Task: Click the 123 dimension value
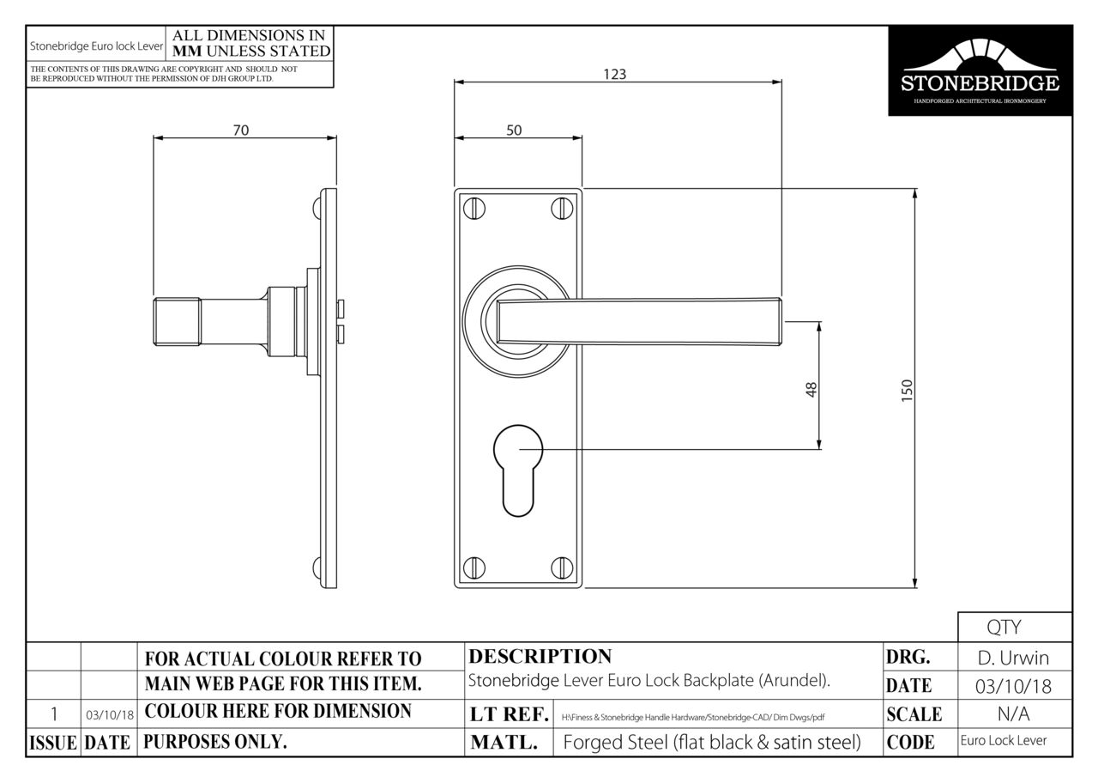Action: [614, 74]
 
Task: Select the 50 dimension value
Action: [514, 131]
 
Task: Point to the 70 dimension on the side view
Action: [241, 131]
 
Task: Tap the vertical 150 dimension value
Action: [908, 389]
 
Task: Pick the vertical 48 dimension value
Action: [811, 389]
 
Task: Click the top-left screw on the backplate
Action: [474, 208]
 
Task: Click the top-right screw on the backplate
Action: [562, 208]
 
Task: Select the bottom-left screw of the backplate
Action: [474, 567]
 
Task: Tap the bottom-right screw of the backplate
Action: [562, 567]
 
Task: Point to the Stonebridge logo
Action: [980, 70]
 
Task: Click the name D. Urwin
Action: [1014, 659]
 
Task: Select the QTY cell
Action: [1014, 628]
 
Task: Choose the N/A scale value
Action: [1014, 714]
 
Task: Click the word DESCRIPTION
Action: [540, 657]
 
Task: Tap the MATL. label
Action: [504, 744]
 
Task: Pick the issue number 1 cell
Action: [53, 714]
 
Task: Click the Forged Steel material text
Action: [711, 744]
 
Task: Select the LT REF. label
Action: [510, 714]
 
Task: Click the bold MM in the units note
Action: [188, 52]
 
